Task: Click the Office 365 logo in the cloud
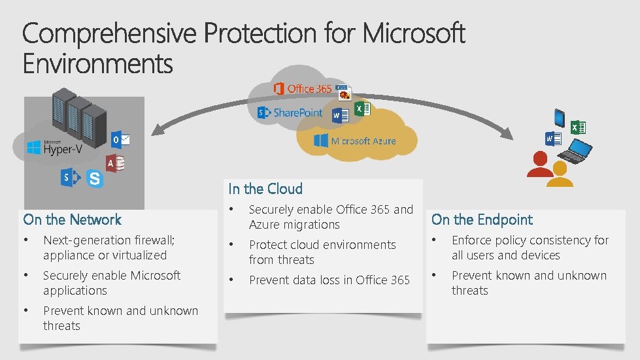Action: point(302,88)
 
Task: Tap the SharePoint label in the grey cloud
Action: point(290,112)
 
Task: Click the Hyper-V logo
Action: point(54,148)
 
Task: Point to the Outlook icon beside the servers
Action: point(120,140)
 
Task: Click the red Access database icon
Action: point(116,163)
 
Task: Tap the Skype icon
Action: point(95,178)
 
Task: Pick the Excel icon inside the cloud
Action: point(362,108)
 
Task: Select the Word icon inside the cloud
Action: point(339,116)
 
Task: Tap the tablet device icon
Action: point(560,118)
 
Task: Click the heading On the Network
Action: point(73,220)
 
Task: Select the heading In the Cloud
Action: point(265,189)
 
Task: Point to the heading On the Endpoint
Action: point(482,220)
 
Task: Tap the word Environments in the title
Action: point(98,64)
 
